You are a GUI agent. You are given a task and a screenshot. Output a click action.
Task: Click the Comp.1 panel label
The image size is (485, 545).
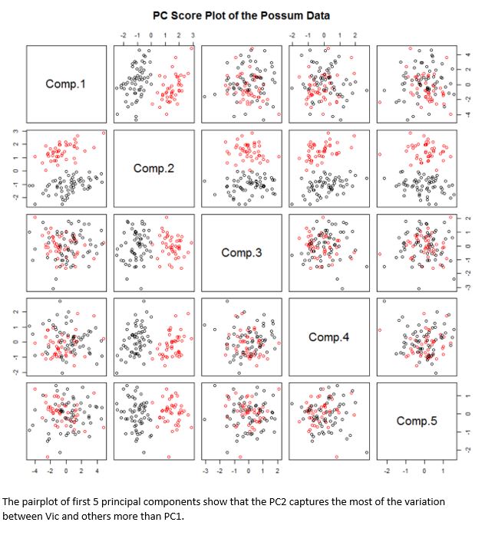(65, 84)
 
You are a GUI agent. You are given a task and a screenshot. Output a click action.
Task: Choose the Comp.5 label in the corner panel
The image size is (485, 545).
(417, 421)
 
